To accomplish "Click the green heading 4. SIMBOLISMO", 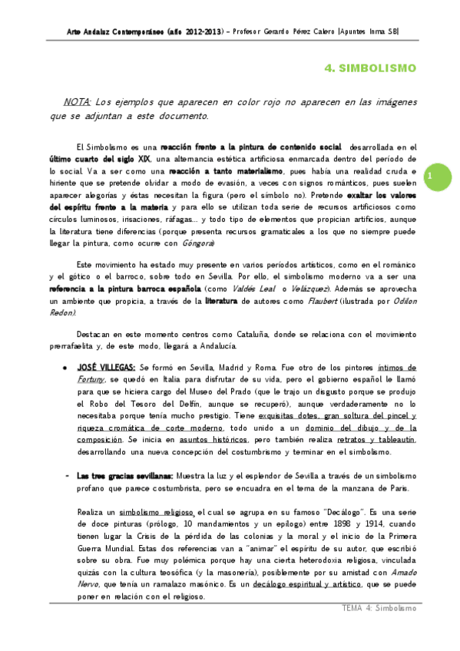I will (x=370, y=68).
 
